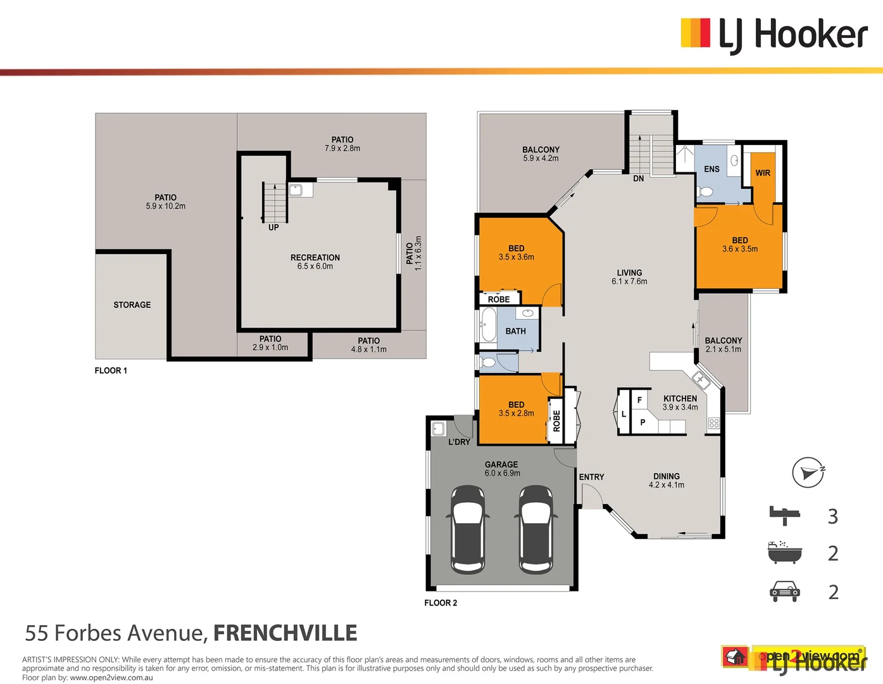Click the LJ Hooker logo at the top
[773, 34]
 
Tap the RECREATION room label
[315, 258]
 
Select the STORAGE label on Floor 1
[132, 305]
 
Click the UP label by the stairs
[273, 227]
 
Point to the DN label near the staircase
[639, 179]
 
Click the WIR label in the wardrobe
[763, 173]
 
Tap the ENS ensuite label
[711, 169]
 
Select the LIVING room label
[629, 273]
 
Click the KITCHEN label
[680, 398]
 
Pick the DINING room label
[667, 476]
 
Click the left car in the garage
[468, 529]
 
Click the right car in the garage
[535, 529]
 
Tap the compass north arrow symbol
[808, 472]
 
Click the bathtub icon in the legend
[784, 553]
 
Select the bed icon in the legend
[784, 515]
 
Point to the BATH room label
[515, 331]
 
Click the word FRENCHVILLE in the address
[285, 633]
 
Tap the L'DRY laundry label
[459, 442]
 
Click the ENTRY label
[591, 477]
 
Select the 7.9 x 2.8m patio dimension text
[342, 149]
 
